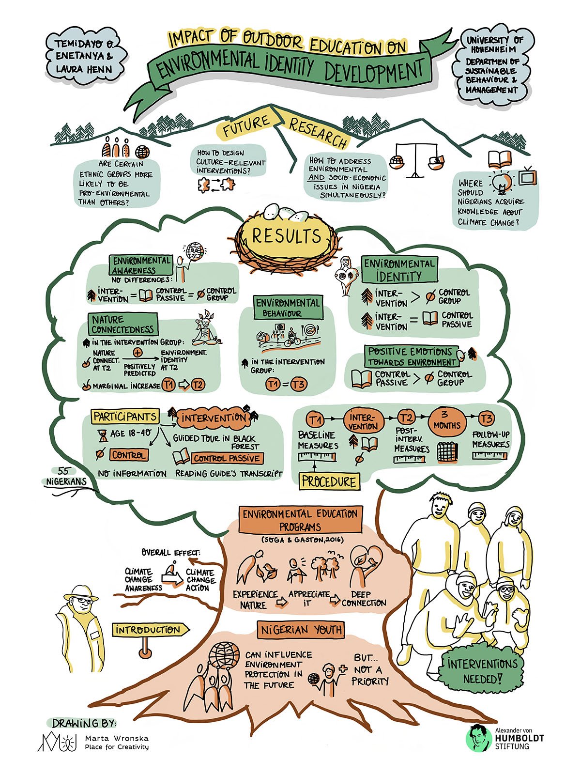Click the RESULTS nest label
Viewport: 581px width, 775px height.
[287, 236]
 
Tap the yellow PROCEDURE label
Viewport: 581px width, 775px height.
[329, 481]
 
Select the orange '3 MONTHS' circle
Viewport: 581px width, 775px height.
[446, 420]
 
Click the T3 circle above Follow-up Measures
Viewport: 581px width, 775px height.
[487, 418]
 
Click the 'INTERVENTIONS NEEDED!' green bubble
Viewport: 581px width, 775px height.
[482, 671]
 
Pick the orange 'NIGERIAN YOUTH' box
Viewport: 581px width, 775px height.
[301, 630]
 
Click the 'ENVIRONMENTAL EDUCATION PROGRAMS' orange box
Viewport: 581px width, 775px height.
[300, 520]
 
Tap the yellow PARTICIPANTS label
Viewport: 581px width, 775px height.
[125, 417]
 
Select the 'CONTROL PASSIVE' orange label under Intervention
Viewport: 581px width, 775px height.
[227, 458]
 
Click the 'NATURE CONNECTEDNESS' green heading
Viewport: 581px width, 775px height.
[123, 324]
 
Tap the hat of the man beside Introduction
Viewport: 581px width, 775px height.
[81, 592]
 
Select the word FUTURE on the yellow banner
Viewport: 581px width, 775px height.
[246, 125]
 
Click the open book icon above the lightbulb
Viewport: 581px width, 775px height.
[500, 159]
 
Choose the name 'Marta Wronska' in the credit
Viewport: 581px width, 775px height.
[117, 738]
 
